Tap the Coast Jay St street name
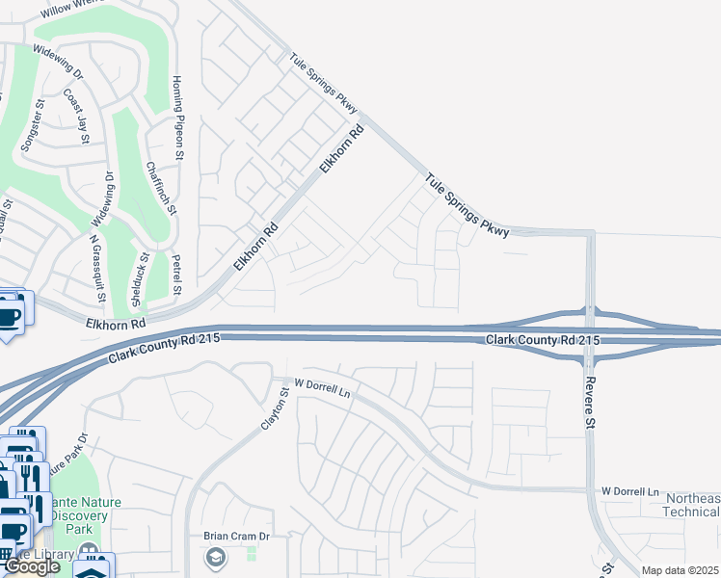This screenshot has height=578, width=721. pos(75,117)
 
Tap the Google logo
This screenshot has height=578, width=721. pos(32,566)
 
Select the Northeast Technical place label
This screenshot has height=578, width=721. pos(690,505)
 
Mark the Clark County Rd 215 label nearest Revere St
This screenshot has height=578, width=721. pos(544,341)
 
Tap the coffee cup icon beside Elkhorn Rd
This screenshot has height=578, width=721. pos(10,316)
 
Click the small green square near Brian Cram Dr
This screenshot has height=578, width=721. pos(252,554)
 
